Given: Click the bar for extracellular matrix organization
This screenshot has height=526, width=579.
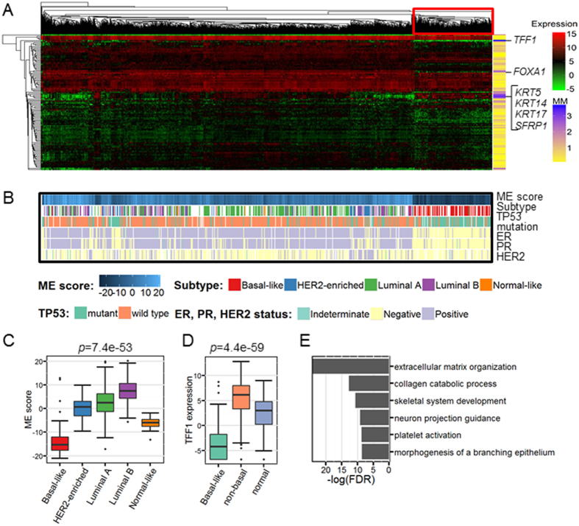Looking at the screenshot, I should pyautogui.click(x=349, y=366).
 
